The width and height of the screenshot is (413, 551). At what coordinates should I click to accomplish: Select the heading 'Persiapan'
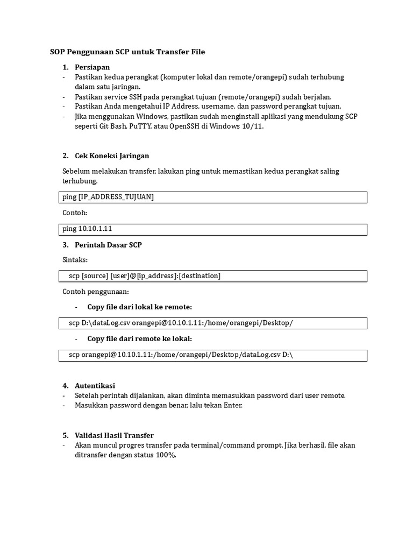coord(92,67)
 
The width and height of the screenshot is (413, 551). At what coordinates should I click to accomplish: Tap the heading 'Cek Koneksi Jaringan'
coord(112,156)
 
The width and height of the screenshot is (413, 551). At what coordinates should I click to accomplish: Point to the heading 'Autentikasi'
coord(95,385)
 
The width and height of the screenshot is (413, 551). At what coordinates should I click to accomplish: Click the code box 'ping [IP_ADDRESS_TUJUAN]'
coord(212,197)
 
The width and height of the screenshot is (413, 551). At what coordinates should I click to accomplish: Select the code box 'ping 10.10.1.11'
coord(212,229)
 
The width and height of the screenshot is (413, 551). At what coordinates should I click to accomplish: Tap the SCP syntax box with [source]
coord(212,276)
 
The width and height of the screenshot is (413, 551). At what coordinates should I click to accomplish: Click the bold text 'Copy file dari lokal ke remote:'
coord(139,307)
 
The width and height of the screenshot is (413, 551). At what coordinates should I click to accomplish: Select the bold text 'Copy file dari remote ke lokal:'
coord(139,338)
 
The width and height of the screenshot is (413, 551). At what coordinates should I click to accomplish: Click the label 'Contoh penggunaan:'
coord(95,292)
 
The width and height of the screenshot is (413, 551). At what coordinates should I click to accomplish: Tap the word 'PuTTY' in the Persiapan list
coord(137,126)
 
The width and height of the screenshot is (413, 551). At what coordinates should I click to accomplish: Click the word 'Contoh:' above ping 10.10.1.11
coord(75,213)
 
